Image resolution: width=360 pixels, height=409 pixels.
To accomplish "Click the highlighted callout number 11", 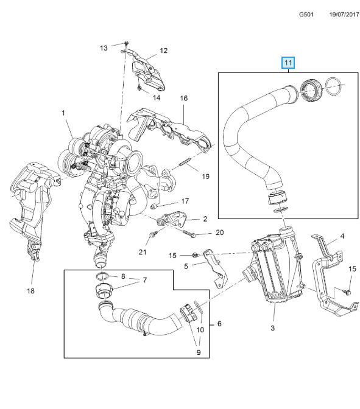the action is [288, 63].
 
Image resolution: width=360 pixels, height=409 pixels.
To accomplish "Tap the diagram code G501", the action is [306, 15].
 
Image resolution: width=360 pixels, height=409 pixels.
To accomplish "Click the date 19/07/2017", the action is [344, 15].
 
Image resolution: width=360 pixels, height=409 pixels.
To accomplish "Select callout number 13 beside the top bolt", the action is [104, 48].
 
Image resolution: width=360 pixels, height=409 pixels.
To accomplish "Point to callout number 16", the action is [184, 98].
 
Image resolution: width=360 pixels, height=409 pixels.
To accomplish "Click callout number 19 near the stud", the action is [206, 177].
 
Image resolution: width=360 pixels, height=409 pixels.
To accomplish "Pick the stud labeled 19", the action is [186, 162].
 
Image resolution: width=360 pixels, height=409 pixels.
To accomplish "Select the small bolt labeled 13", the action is [126, 43].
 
